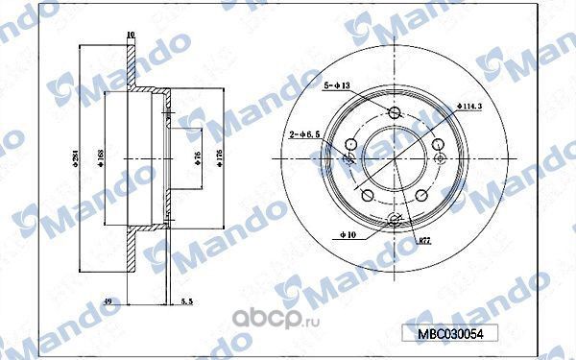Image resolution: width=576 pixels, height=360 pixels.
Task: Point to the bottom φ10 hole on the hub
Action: pos(395,222)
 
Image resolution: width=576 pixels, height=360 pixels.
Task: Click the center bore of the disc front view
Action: pos(395,160)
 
